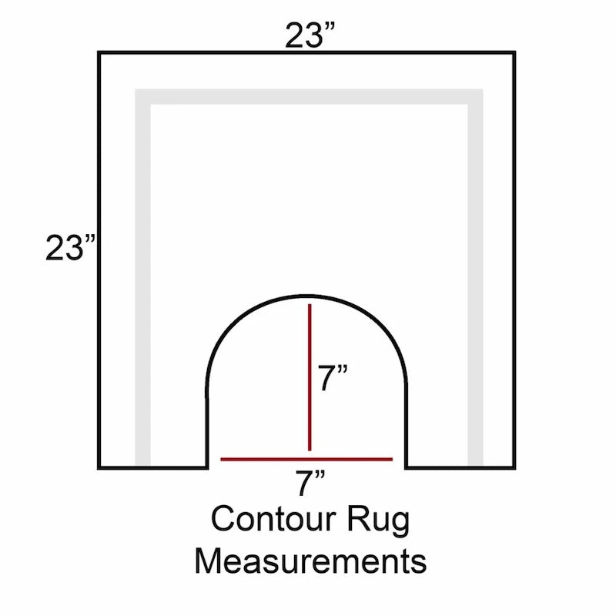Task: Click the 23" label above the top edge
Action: point(310,35)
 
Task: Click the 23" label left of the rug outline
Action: point(70,247)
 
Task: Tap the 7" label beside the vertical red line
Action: point(333,378)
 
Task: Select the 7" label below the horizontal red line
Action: point(310,483)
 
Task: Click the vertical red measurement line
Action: point(310,377)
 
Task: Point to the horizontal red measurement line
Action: point(306,459)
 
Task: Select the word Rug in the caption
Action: point(378,521)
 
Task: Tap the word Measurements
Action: point(310,561)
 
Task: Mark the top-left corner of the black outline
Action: point(99,52)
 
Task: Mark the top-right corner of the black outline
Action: point(514,52)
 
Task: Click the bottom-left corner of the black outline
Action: point(99,467)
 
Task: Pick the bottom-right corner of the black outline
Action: point(514,467)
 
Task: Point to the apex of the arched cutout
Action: point(306,296)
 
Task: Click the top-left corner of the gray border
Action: point(136,89)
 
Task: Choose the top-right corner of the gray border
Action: point(483,89)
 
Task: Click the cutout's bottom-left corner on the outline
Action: point(207,467)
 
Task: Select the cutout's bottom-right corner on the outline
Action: point(406,467)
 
